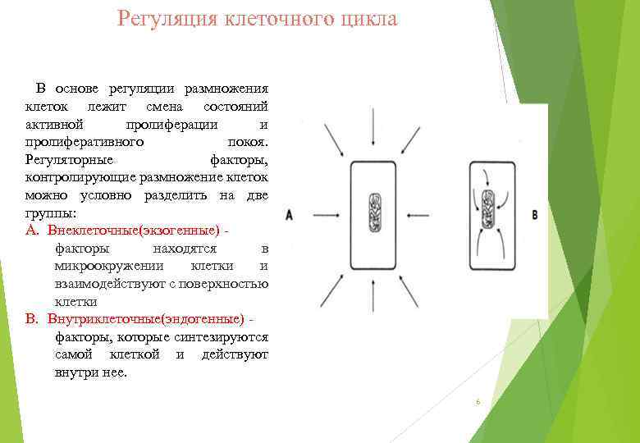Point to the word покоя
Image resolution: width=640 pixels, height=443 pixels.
(245, 142)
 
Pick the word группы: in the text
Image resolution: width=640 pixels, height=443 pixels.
(51, 213)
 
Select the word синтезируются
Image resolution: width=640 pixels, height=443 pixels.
(223, 336)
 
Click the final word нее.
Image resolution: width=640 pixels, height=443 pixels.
(116, 372)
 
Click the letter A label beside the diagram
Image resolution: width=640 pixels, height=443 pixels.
(290, 215)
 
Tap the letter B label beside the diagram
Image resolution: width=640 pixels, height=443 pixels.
(535, 215)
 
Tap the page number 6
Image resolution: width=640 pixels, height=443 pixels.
(477, 402)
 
